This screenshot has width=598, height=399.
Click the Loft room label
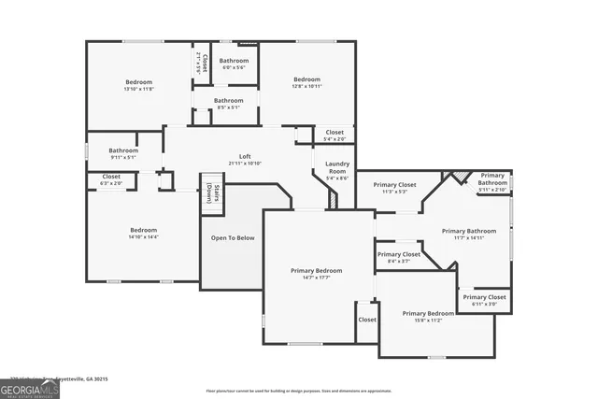pyautogui.click(x=245, y=156)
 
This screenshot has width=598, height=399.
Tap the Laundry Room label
pyautogui.click(x=337, y=168)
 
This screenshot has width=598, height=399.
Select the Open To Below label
pyautogui.click(x=233, y=238)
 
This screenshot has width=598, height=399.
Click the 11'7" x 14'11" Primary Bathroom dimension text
pyautogui.click(x=468, y=238)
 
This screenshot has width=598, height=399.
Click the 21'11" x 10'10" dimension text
pyautogui.click(x=245, y=164)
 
